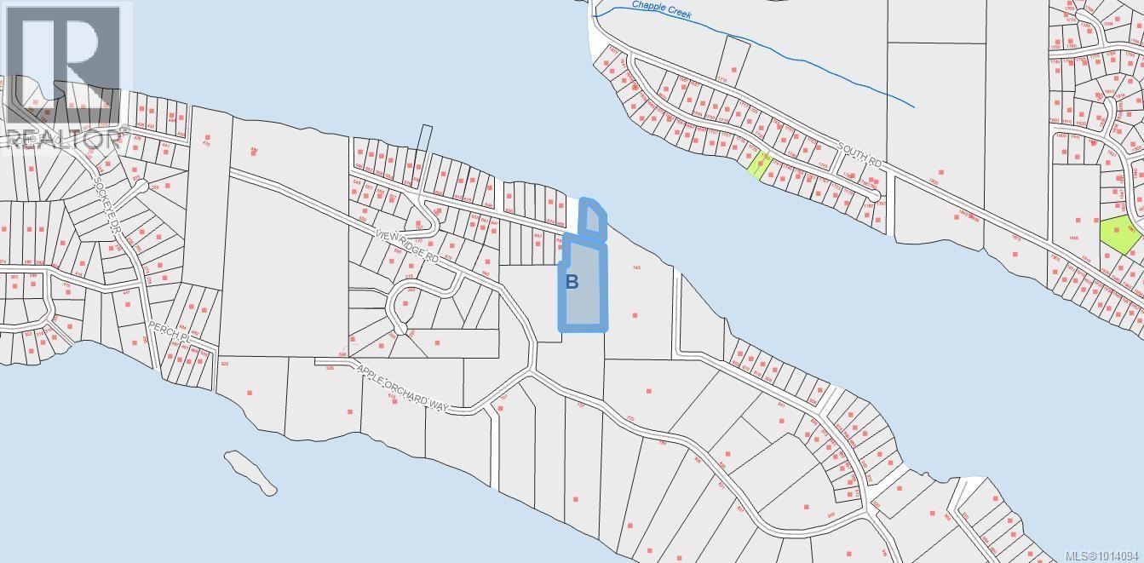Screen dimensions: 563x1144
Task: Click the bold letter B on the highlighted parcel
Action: (x=572, y=281)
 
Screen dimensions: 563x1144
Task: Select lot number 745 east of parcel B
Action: (x=635, y=267)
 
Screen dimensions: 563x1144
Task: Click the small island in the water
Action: (x=250, y=473)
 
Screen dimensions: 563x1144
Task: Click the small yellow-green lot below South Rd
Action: (x=760, y=164)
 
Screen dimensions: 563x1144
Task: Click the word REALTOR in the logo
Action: (x=64, y=139)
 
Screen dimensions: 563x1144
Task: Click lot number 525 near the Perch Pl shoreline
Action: (x=225, y=364)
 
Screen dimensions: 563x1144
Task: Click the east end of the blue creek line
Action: (x=913, y=106)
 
